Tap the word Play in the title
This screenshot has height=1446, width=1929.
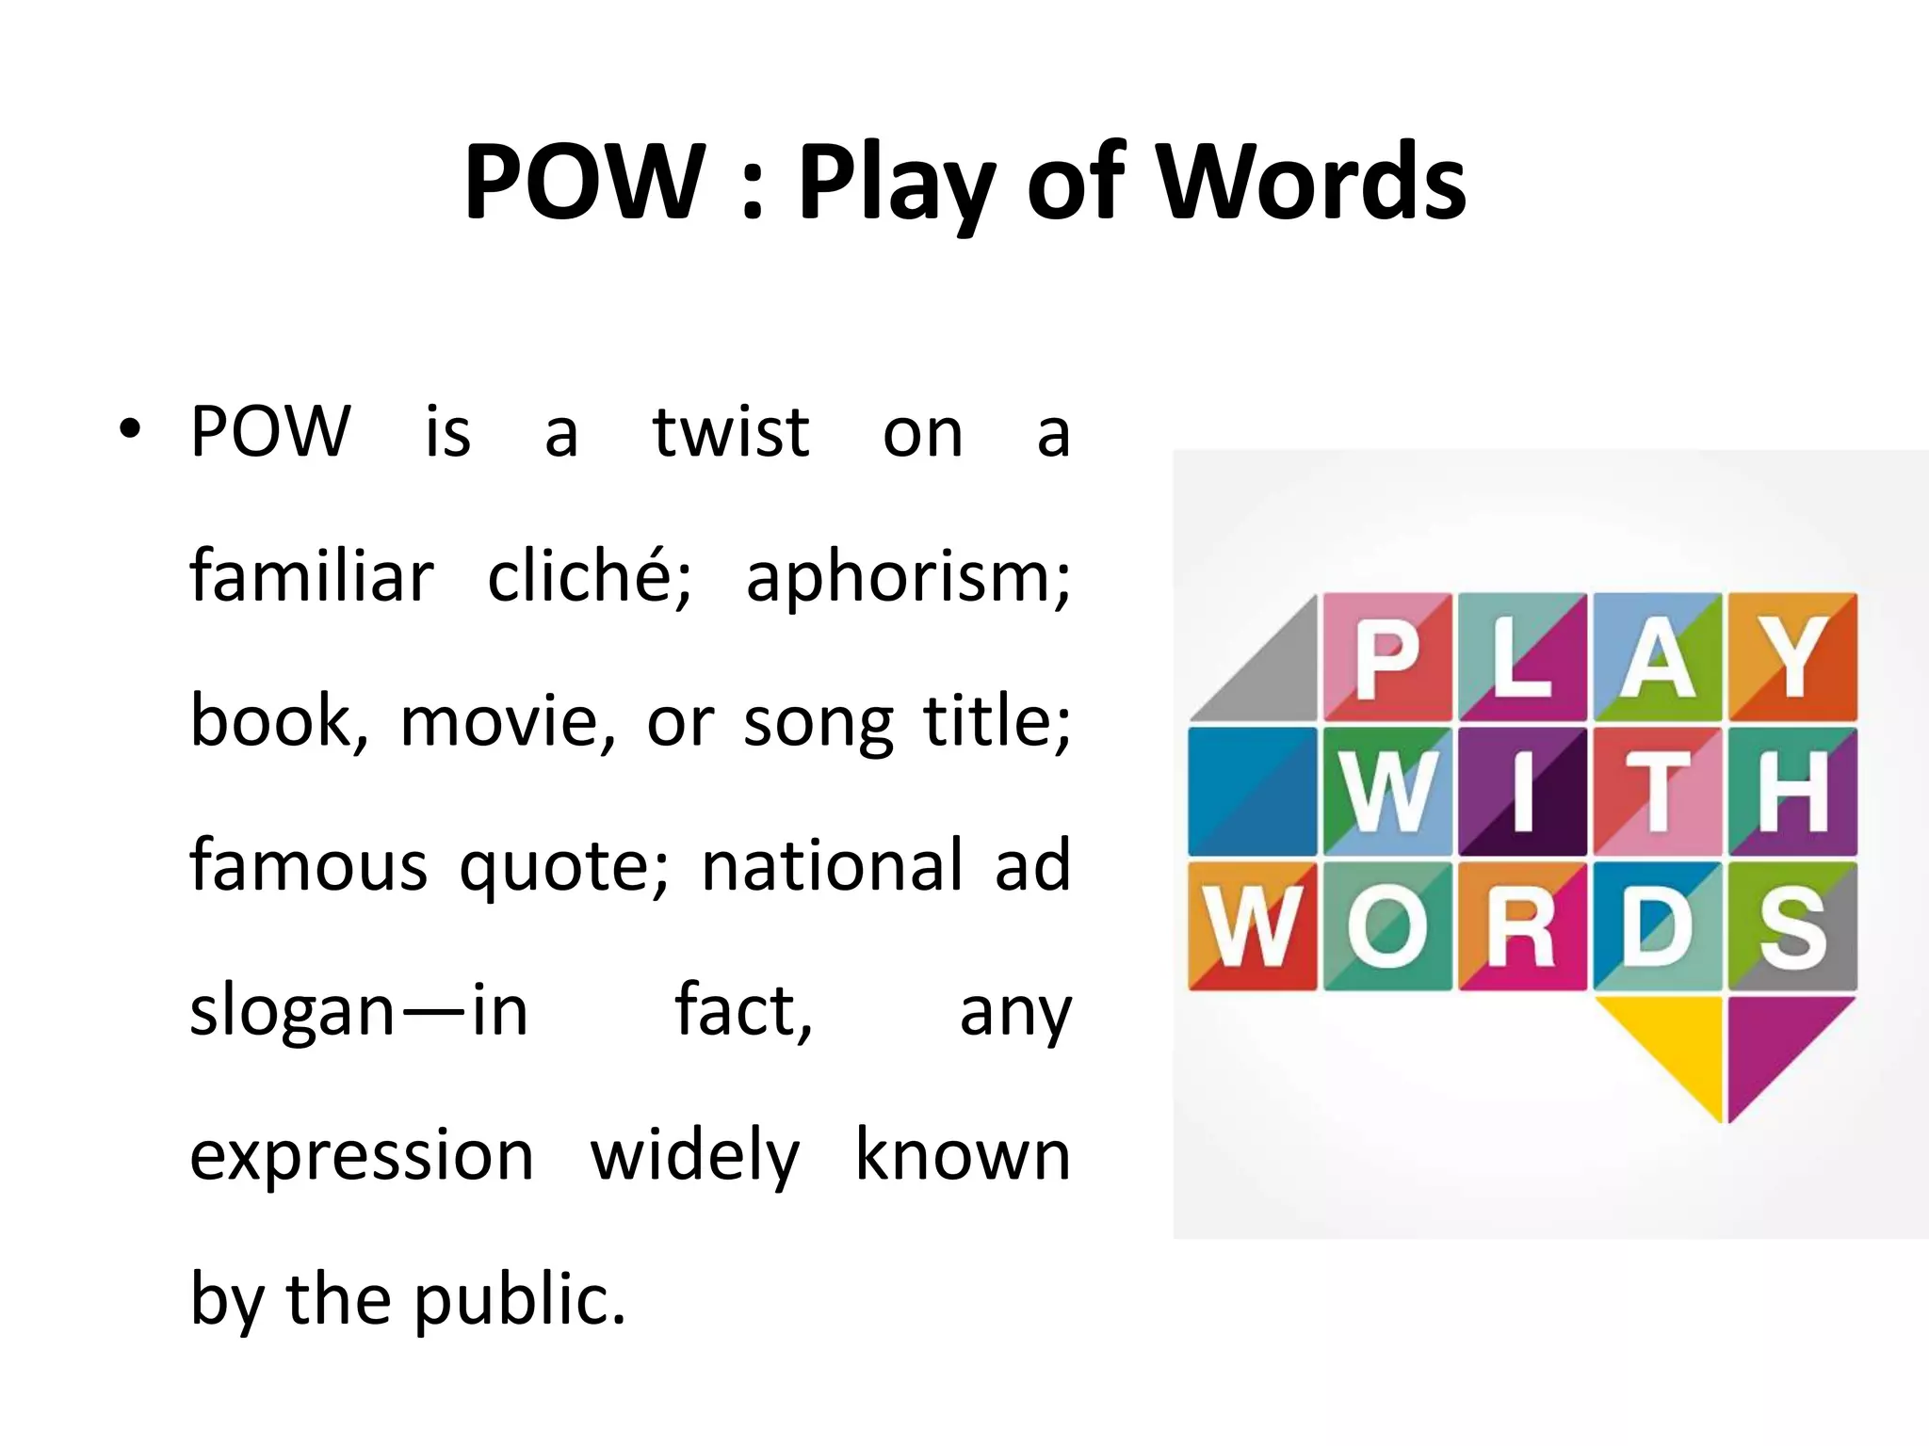coord(896,183)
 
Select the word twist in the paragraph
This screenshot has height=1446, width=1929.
coord(730,432)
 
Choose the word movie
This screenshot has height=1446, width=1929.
coord(508,722)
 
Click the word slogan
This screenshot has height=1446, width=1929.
coord(291,1011)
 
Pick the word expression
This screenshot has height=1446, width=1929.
coord(362,1156)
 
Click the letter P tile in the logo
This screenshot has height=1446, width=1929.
coord(1387,657)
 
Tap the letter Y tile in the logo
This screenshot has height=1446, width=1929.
coord(1791,657)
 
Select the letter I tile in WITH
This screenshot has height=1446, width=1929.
coord(1522,792)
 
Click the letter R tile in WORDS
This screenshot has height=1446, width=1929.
coord(1522,926)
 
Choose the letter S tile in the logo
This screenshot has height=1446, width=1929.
coord(1791,926)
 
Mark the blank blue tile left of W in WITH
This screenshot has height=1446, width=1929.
coord(1252,792)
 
